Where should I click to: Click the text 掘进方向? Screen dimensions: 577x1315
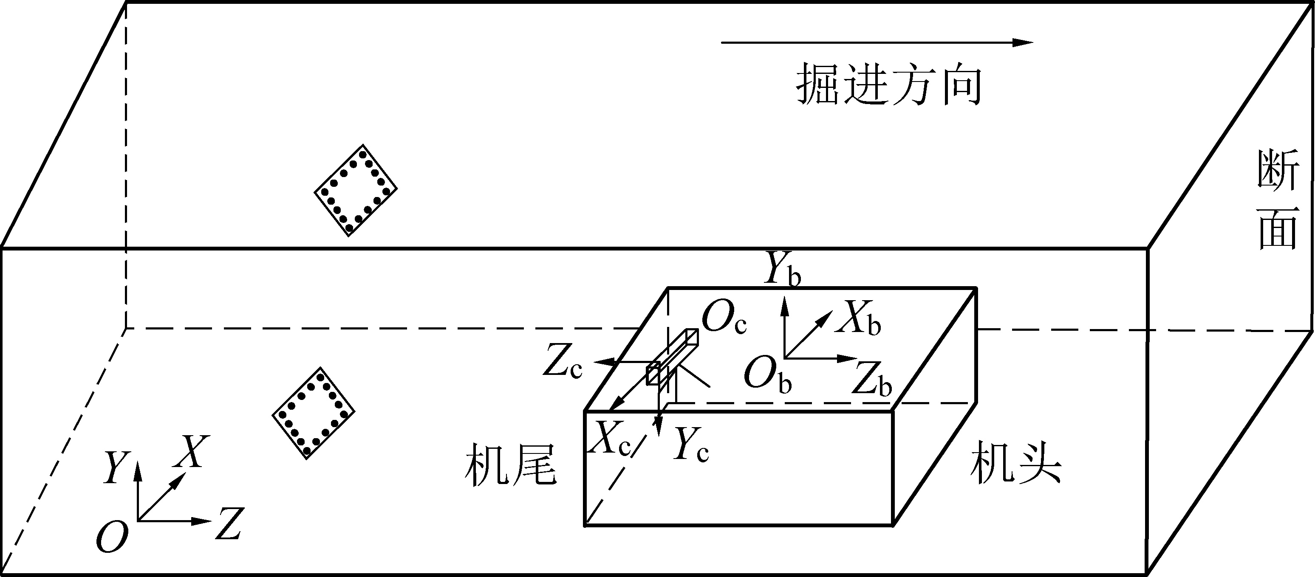click(x=889, y=84)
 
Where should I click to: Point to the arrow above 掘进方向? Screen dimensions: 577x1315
click(x=877, y=43)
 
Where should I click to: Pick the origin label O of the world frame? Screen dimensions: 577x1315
click(x=111, y=537)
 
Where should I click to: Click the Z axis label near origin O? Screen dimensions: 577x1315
click(x=228, y=524)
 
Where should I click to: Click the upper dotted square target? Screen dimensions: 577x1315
click(x=355, y=190)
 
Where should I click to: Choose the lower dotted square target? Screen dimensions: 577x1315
click(x=314, y=413)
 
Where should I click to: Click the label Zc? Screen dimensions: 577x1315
click(x=562, y=361)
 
